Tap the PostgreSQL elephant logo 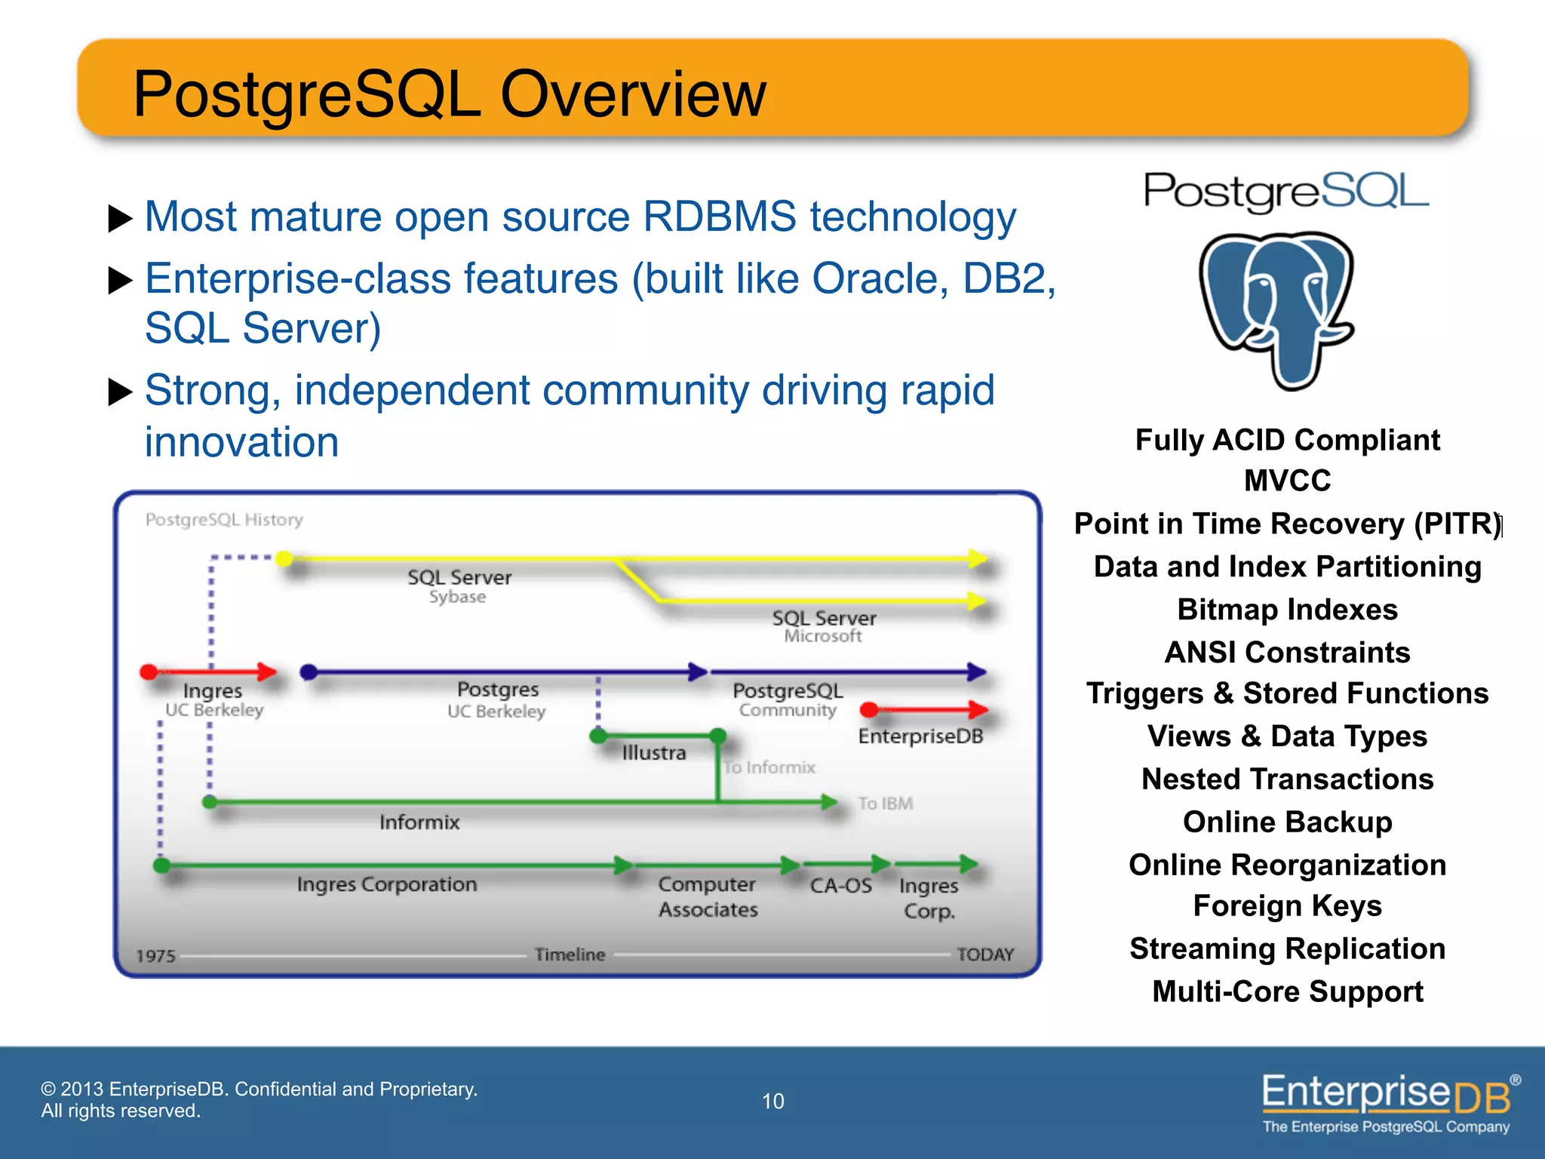[x=1276, y=309]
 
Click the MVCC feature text [x=1287, y=481]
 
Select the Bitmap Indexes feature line [x=1287, y=610]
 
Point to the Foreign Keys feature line [x=1287, y=905]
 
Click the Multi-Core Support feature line [x=1287, y=991]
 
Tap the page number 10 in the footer [x=772, y=1101]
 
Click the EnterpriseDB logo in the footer [x=1388, y=1102]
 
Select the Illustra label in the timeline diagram [x=653, y=752]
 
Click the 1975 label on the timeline [x=155, y=956]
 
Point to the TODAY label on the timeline [x=984, y=955]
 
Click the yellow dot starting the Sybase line [x=284, y=558]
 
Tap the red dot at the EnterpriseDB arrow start [x=868, y=709]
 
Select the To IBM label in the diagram [x=885, y=804]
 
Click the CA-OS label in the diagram [x=840, y=886]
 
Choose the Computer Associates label [x=707, y=896]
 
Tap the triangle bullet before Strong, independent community [x=121, y=392]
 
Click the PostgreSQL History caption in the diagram [x=224, y=520]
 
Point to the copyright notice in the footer [x=259, y=1099]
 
